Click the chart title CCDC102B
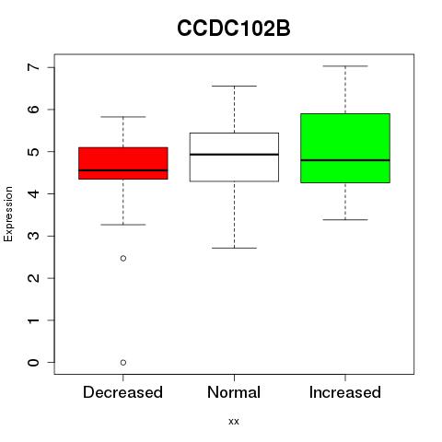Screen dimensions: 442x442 click(234, 29)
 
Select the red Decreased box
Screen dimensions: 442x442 click(123, 163)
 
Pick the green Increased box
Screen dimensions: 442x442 click(345, 148)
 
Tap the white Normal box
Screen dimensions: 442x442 click(234, 157)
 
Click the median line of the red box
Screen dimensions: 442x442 click(123, 170)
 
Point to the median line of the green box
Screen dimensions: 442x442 click(345, 160)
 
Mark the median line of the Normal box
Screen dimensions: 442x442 click(234, 155)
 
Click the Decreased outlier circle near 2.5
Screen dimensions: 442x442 click(123, 258)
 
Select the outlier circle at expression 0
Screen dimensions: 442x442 click(123, 363)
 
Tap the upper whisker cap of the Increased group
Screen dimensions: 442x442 click(345, 66)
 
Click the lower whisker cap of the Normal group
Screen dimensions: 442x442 click(234, 248)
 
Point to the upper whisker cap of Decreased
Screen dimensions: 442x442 click(123, 117)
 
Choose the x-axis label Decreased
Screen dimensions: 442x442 click(122, 392)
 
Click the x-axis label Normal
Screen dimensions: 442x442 click(234, 392)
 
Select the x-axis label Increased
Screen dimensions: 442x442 click(345, 392)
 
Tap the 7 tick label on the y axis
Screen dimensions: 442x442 click(34, 67)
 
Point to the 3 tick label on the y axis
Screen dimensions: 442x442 click(34, 236)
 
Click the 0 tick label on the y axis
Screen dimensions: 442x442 click(34, 363)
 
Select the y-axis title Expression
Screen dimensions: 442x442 click(8, 215)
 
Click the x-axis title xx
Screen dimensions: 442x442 click(234, 422)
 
